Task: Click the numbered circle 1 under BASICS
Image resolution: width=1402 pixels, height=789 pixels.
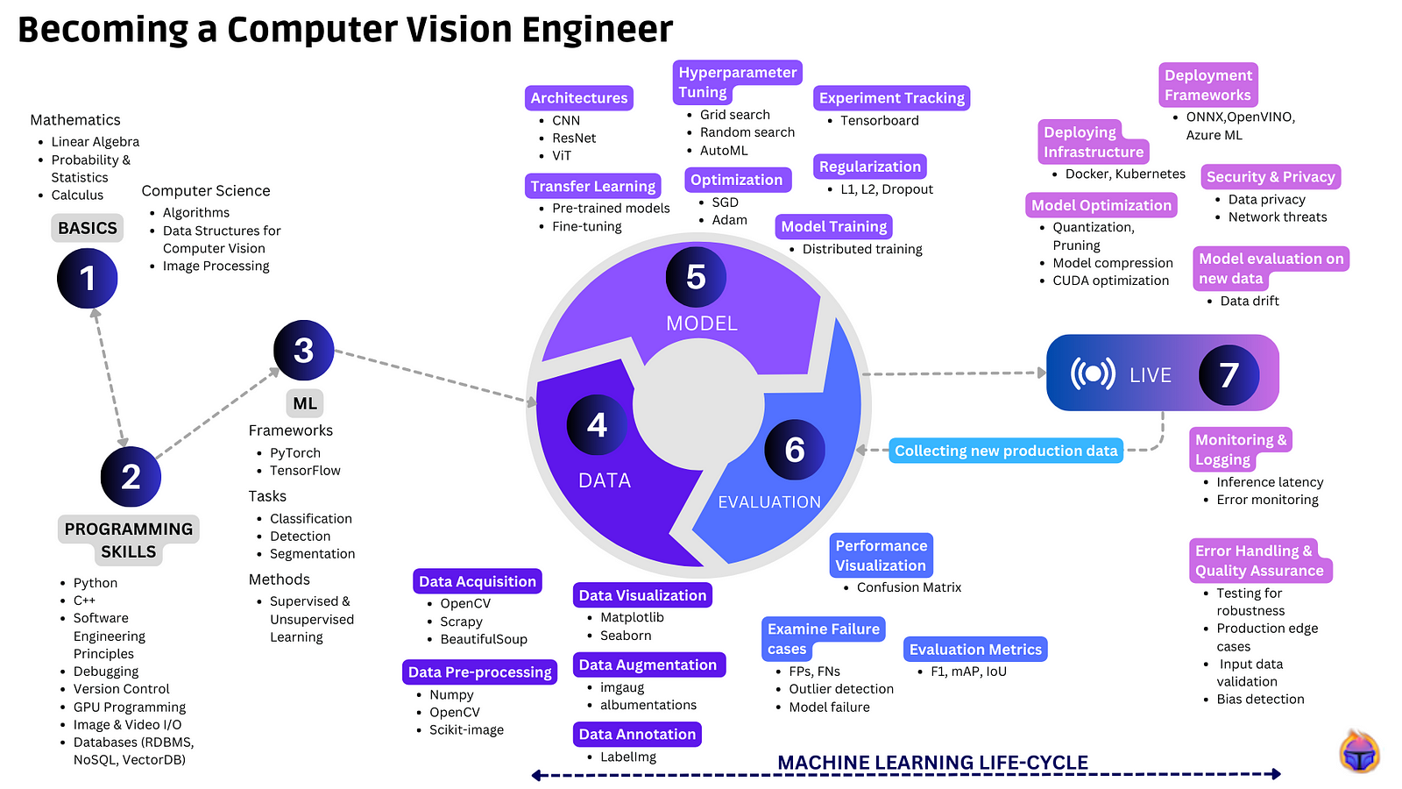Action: coord(87,278)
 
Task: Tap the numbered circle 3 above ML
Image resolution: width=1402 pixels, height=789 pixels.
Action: coord(303,350)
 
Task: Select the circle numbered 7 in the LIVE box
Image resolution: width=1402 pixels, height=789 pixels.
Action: coord(1229,374)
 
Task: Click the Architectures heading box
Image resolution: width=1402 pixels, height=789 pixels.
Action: coord(579,98)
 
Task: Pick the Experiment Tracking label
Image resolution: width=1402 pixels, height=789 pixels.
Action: coord(891,98)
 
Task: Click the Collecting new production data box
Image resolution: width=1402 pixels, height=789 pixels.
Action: coord(1005,451)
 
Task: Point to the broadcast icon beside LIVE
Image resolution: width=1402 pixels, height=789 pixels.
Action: coord(1093,374)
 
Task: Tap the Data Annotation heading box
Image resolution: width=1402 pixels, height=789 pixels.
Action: coord(637,734)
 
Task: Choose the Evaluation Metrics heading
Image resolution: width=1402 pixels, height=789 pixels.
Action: coord(975,650)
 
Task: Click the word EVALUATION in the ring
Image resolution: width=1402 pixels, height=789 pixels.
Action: coord(769,502)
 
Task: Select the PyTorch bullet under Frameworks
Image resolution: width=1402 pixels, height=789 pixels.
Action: coord(295,453)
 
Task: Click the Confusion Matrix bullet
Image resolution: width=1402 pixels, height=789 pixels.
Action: coord(909,587)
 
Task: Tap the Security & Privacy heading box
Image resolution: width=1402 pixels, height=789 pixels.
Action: coord(1271,177)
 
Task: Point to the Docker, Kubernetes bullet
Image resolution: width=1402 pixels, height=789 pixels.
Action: coord(1125,174)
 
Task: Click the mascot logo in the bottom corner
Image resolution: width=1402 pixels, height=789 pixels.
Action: coord(1359,752)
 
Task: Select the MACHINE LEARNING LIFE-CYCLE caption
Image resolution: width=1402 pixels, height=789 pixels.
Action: coord(932,763)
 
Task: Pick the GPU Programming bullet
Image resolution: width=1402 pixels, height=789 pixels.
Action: coord(130,707)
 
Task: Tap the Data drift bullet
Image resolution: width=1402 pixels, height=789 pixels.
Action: coord(1250,301)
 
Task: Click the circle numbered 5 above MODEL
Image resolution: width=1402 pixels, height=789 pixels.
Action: coord(696,277)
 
